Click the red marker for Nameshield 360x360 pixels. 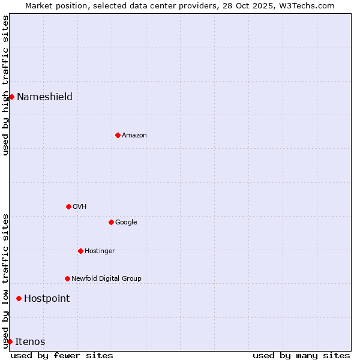click(11, 97)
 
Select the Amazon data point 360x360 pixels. click(118, 135)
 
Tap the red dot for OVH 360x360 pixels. click(68, 206)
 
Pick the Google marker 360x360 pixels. click(111, 222)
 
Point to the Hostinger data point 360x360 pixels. click(80, 251)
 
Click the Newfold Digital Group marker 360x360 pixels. click(67, 278)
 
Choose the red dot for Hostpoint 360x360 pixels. click(19, 298)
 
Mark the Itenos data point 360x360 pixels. click(10, 341)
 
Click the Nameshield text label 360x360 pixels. click(44, 97)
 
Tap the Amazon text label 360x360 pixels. click(134, 136)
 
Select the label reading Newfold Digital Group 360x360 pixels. click(106, 279)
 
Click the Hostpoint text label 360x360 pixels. click(47, 299)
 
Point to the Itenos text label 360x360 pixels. click(30, 342)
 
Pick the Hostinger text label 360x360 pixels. click(100, 251)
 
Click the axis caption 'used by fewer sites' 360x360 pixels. click(62, 355)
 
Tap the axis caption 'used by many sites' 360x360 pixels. click(301, 355)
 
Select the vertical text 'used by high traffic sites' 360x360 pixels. click(5, 85)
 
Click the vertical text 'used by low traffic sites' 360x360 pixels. click(5, 280)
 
